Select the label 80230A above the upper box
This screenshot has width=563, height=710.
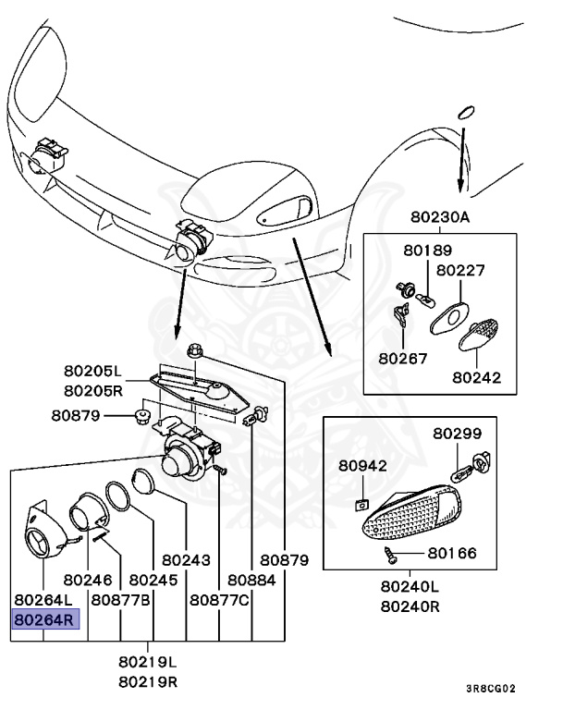click(440, 218)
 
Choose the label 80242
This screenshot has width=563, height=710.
click(477, 377)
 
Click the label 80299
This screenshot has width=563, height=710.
click(458, 433)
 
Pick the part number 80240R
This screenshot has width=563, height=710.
click(410, 606)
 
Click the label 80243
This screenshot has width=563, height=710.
click(186, 559)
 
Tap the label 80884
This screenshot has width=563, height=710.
click(252, 580)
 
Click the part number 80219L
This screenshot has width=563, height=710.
click(147, 663)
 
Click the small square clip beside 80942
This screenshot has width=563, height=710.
click(362, 505)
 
